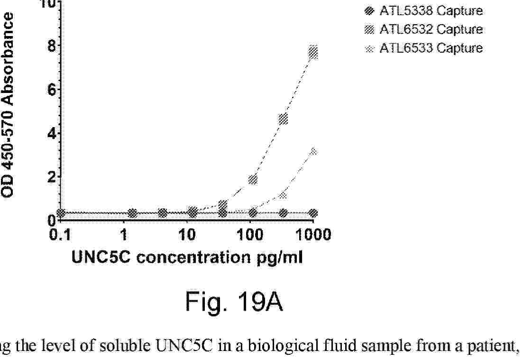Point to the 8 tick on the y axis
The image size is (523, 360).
point(52,46)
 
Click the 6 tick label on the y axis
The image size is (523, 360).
point(52,90)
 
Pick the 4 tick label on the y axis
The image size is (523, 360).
point(52,133)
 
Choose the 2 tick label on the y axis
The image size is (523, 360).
point(52,177)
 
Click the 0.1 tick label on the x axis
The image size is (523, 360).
point(60,235)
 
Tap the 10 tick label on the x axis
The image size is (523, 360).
point(187,235)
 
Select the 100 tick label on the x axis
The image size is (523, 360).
point(250,235)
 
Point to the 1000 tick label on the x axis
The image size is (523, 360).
point(313,235)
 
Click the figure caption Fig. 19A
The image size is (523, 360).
point(234,302)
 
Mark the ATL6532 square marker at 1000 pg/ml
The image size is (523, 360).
point(313,52)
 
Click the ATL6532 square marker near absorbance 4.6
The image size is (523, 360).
point(283,119)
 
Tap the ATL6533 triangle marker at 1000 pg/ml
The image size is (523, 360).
point(313,152)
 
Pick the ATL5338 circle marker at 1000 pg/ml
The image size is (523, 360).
point(313,213)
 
